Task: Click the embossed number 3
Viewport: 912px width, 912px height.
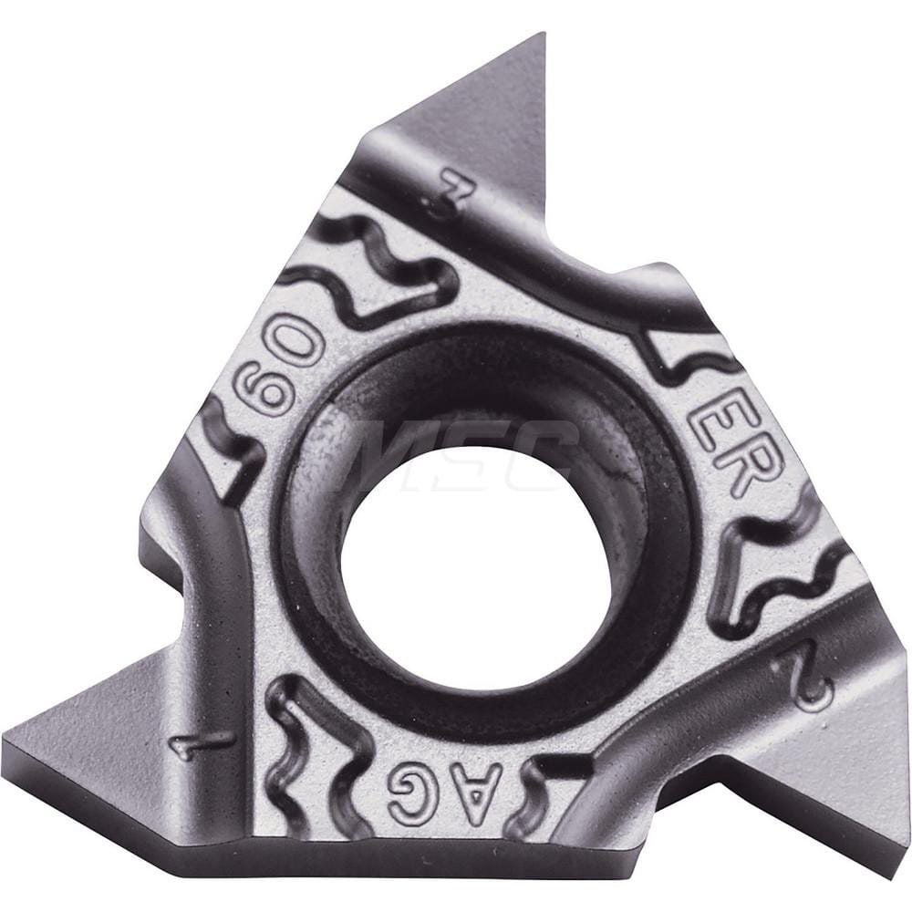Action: (449, 193)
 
